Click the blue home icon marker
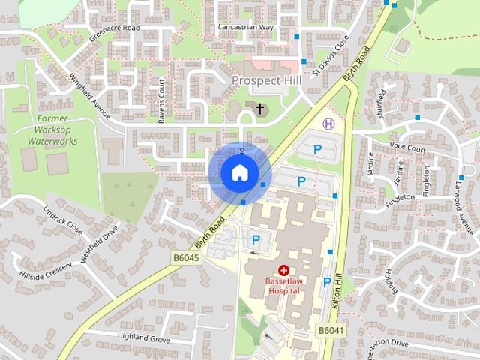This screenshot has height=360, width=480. pyautogui.click(x=238, y=173)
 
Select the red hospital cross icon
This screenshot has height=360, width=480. pyautogui.click(x=284, y=269)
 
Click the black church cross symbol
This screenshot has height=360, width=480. pyautogui.click(x=260, y=109)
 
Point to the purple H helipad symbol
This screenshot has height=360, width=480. pyautogui.click(x=328, y=123)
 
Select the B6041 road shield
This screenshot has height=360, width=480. pyautogui.click(x=330, y=329)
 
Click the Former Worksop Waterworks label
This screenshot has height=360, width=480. pyautogui.click(x=52, y=130)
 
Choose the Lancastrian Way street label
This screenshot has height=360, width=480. pyautogui.click(x=246, y=26)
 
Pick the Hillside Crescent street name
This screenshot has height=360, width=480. pyautogui.click(x=47, y=271)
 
